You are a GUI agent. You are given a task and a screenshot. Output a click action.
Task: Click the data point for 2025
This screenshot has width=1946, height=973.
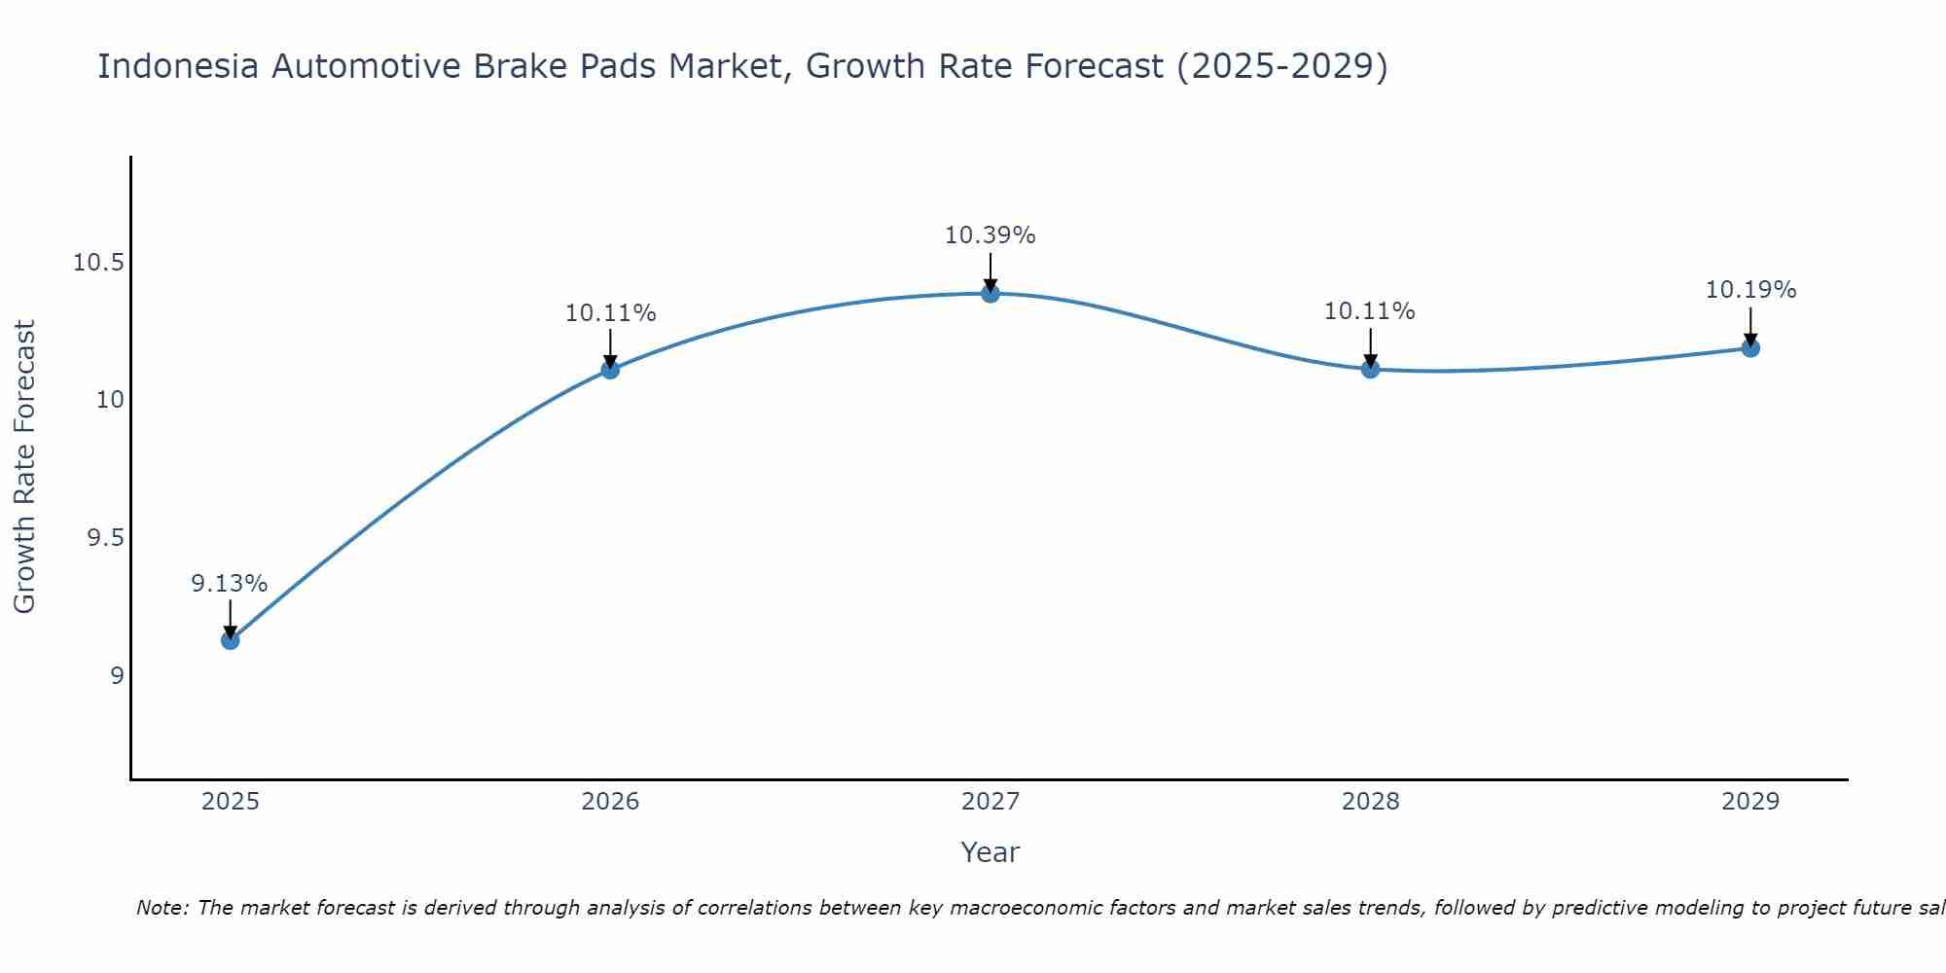point(231,639)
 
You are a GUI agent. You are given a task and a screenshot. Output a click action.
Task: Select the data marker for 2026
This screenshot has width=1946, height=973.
point(610,369)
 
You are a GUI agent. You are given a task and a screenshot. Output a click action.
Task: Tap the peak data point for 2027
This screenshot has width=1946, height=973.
point(991,293)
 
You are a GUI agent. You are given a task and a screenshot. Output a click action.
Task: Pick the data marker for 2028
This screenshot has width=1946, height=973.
point(1370,369)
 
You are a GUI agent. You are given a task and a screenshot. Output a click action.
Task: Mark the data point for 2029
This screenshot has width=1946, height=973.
point(1750,347)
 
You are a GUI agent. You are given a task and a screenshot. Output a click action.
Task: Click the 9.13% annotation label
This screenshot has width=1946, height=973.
point(229,584)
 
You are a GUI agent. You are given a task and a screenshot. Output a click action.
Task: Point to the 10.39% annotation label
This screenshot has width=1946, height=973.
point(990,235)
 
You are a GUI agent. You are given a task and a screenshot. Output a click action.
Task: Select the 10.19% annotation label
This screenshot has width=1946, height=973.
point(1750,290)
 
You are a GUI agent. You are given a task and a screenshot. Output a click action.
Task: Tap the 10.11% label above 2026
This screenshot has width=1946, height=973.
point(610,313)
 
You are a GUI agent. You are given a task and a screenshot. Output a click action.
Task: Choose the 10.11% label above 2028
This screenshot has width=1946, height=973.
point(1369,311)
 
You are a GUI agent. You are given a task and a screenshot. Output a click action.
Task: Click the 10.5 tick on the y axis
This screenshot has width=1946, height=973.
point(98,263)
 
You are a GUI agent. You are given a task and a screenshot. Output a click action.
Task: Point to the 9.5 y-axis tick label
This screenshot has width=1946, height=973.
point(105,538)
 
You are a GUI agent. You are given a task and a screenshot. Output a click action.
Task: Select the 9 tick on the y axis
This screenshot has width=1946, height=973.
point(117,675)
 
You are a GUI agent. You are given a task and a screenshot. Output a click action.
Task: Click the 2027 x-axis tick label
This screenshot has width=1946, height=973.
point(990,802)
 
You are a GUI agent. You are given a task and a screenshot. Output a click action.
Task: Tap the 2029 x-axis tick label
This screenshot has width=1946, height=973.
point(1750,802)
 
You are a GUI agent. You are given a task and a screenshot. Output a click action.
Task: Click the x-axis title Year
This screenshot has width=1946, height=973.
point(990,852)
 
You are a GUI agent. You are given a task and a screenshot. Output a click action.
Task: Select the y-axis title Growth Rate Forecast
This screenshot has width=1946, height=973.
point(24,467)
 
